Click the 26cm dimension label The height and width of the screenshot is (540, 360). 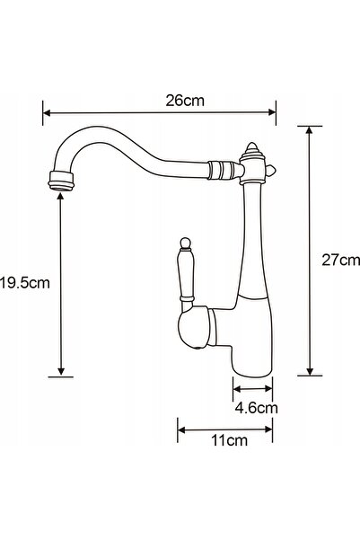185,101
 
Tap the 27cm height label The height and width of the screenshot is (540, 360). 341,260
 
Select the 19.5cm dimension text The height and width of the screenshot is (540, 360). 25,283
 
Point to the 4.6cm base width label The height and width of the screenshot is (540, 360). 257,408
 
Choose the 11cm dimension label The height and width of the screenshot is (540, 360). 229,440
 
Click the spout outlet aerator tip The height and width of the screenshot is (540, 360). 61,181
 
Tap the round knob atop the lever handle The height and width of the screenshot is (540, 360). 185,243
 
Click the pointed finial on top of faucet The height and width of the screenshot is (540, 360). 252,150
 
